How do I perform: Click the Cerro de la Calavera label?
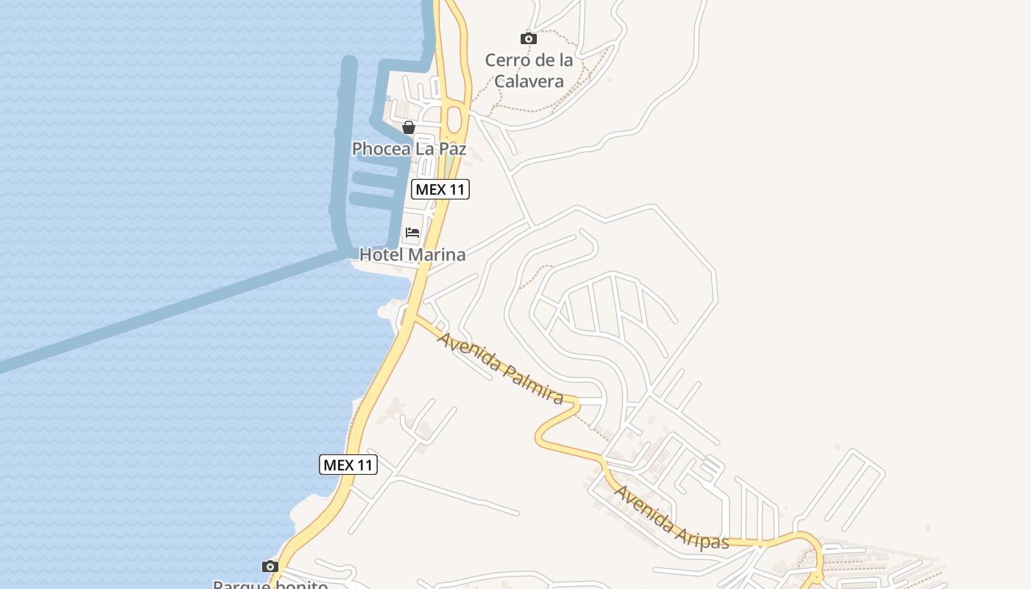tap(529, 70)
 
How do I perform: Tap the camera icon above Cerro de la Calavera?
tap(528, 38)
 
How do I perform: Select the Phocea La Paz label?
tap(409, 149)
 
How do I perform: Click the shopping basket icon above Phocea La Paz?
tap(409, 127)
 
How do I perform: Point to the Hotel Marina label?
tap(412, 255)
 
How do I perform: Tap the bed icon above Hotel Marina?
tap(412, 233)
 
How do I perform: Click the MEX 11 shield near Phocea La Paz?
tap(440, 189)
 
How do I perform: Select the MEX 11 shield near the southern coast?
tap(348, 465)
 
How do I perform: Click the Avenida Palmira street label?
tap(501, 367)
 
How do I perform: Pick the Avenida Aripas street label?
tap(671, 518)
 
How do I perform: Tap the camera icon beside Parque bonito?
tap(270, 566)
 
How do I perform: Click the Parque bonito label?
tap(270, 585)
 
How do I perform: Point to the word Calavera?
tap(529, 81)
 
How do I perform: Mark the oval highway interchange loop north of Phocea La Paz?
tap(454, 118)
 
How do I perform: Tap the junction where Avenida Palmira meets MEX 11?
tap(415, 317)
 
